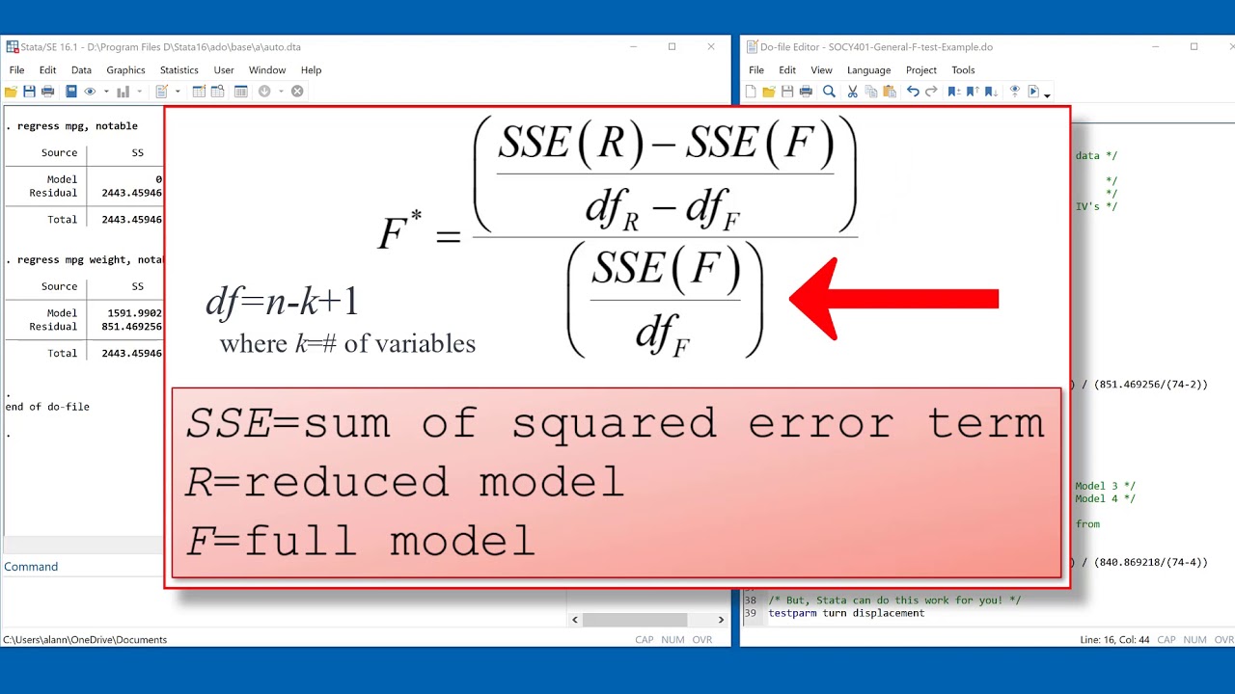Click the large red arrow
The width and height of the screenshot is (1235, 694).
click(x=892, y=299)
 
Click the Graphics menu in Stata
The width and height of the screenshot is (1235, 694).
click(x=125, y=70)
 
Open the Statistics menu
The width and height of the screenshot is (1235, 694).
click(x=178, y=70)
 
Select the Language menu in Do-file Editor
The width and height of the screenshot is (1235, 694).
click(x=868, y=70)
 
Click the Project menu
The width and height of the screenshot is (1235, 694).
click(x=920, y=70)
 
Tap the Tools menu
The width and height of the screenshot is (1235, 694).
click(x=963, y=70)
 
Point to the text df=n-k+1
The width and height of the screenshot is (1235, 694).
click(x=282, y=303)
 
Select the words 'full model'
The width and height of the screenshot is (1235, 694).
click(x=388, y=541)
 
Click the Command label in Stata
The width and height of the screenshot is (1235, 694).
click(x=31, y=567)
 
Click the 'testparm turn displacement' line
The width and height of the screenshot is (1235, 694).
click(x=846, y=613)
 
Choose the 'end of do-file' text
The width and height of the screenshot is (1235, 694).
click(x=47, y=407)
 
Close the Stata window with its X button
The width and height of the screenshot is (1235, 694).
click(x=711, y=46)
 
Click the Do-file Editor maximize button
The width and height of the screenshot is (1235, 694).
click(x=1194, y=46)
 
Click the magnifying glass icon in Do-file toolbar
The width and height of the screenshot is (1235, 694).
click(x=829, y=92)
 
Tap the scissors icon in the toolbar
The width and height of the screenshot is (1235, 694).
click(x=852, y=92)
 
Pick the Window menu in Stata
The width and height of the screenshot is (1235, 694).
click(x=267, y=70)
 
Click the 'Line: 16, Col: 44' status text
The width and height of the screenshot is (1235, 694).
click(x=1114, y=640)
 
